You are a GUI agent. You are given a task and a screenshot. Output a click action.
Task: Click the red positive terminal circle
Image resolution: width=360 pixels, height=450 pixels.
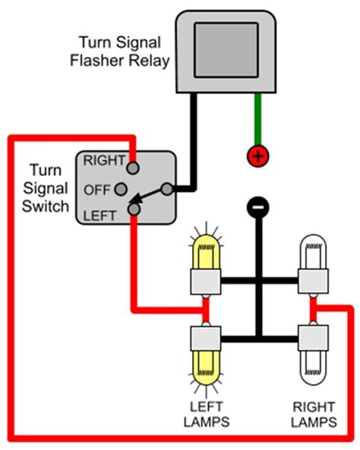tap(258, 157)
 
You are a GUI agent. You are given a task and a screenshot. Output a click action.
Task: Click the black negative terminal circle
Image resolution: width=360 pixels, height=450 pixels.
tap(258, 205)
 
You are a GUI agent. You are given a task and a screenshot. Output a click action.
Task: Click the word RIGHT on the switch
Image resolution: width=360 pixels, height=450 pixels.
tap(103, 160)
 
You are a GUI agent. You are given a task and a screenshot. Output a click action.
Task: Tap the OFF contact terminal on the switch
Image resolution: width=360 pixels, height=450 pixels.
tap(134, 189)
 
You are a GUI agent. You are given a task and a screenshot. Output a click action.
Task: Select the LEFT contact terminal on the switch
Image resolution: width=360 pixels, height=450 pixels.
tap(134, 209)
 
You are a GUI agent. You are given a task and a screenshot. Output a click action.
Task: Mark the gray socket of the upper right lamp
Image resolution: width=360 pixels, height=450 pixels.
tap(312, 285)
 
